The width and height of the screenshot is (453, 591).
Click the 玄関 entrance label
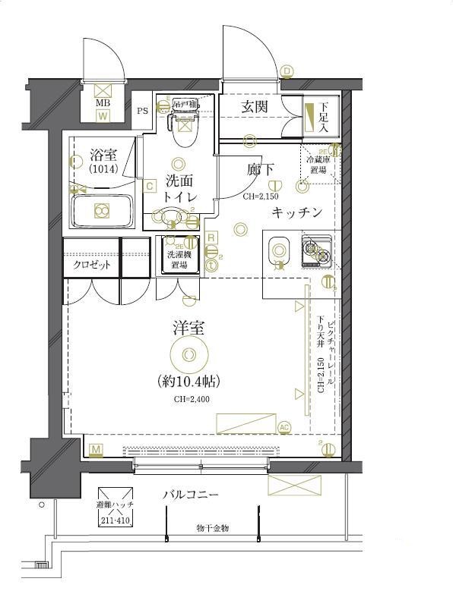pyautogui.click(x=255, y=107)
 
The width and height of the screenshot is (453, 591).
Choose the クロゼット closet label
pyautogui.click(x=92, y=265)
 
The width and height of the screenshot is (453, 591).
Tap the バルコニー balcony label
pyautogui.click(x=191, y=495)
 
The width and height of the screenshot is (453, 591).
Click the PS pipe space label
pyautogui.click(x=142, y=111)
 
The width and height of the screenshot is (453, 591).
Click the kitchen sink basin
pyautogui.click(x=279, y=250)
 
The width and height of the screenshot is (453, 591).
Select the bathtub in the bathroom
pyautogui.click(x=101, y=211)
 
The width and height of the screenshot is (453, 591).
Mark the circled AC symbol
pyautogui.click(x=285, y=427)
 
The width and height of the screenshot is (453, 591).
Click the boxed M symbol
pyautogui.click(x=96, y=451)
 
